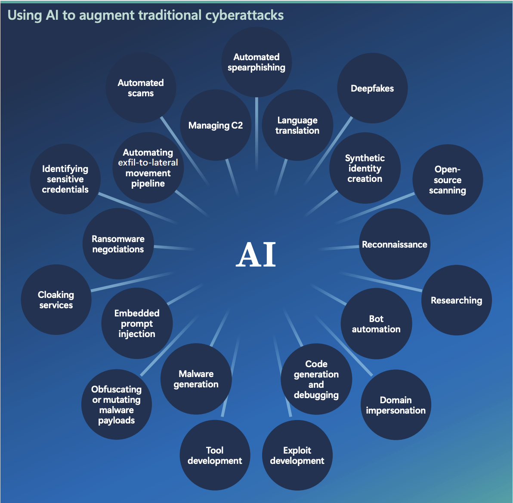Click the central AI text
click(x=256, y=254)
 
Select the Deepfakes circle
click(x=372, y=88)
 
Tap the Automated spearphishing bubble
click(x=256, y=62)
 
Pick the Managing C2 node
click(x=216, y=125)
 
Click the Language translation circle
click(x=297, y=125)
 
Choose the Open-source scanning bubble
click(x=448, y=179)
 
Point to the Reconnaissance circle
click(x=395, y=244)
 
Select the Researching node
click(x=456, y=300)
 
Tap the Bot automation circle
click(x=376, y=324)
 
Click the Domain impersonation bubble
click(x=396, y=405)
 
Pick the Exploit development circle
click(x=297, y=455)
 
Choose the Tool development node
click(x=215, y=455)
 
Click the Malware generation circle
click(x=196, y=379)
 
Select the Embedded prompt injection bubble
click(x=137, y=323)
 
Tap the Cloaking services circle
click(x=56, y=300)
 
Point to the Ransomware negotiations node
click(x=118, y=244)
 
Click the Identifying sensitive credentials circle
click(x=65, y=179)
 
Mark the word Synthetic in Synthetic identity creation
click(x=365, y=158)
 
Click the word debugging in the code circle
click(x=316, y=395)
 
